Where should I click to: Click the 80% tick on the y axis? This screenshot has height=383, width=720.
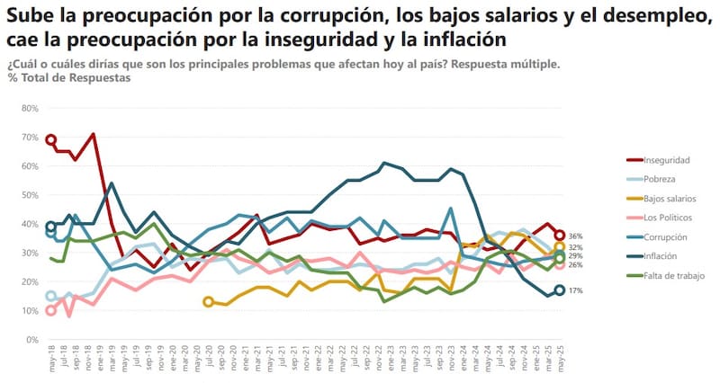pos(29,108)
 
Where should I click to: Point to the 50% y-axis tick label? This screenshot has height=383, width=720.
pos(29,195)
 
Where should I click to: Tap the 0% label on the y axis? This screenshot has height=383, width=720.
pos(31,341)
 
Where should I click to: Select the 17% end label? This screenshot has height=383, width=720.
pos(577,290)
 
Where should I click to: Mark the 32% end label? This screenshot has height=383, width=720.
pos(577,247)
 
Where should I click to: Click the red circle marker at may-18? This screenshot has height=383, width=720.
pos(50,139)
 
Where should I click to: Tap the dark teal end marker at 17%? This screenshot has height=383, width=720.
pos(559,290)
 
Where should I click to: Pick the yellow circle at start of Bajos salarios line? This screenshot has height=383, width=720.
pos(209,302)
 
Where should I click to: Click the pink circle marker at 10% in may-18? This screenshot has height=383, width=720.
pos(50,311)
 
